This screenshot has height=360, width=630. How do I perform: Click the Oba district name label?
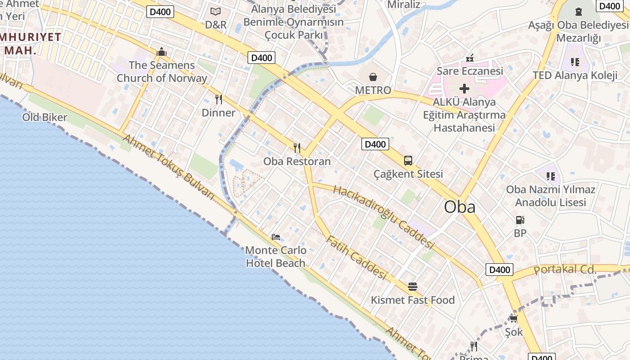459,207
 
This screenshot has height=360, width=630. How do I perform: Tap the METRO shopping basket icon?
373,77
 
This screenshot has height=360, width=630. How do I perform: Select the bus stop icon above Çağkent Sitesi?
408,161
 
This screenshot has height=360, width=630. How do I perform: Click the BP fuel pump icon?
520,220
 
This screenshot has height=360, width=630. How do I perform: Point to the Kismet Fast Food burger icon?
412,287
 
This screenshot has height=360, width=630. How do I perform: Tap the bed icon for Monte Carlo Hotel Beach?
276,237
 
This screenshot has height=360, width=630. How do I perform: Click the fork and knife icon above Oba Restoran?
297,148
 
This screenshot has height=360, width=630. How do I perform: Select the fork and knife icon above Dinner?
219,99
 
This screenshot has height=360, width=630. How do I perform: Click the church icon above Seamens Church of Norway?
162,52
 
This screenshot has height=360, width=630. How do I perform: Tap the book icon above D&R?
216,11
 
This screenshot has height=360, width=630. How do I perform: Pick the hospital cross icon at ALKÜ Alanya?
464,89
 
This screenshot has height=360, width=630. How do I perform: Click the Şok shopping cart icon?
513,319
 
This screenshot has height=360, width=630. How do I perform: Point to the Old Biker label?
45,117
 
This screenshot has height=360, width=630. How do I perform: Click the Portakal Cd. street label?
565,270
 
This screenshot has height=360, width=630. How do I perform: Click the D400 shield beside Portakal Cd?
499,270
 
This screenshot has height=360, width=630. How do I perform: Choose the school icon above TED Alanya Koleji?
575,62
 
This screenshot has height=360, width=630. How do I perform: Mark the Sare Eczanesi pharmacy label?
470,71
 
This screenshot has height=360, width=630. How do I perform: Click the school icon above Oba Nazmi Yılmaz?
550,176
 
